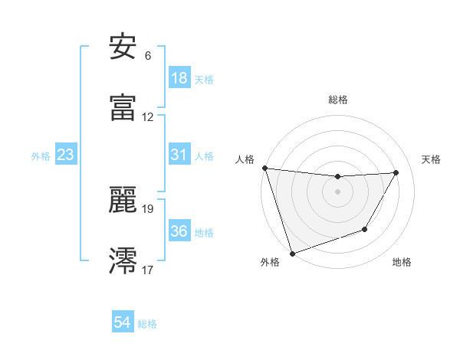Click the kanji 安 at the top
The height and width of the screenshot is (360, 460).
tap(123, 47)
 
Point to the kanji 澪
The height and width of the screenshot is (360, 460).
tap(123, 260)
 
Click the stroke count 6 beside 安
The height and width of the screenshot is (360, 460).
tap(147, 56)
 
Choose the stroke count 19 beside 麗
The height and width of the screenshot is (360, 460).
tap(148, 208)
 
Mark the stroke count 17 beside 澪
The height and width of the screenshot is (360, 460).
tap(148, 270)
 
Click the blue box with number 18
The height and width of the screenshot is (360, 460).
tap(179, 78)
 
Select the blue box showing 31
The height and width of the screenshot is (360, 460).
tap(179, 155)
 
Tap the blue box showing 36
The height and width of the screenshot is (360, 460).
tap(179, 231)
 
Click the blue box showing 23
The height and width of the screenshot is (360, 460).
tap(66, 155)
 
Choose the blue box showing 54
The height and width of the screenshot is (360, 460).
tap(123, 323)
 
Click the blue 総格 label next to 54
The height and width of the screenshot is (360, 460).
tap(147, 324)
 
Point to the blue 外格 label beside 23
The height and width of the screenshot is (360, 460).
tap(41, 155)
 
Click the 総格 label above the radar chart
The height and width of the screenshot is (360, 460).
tap(338, 100)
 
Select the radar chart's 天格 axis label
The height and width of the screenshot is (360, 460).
tap(431, 159)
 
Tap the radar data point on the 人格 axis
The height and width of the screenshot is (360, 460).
tap(264, 168)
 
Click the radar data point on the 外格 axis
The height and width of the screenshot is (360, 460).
tap(292, 253)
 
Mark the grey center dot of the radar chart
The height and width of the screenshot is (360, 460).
tap(337, 191)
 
